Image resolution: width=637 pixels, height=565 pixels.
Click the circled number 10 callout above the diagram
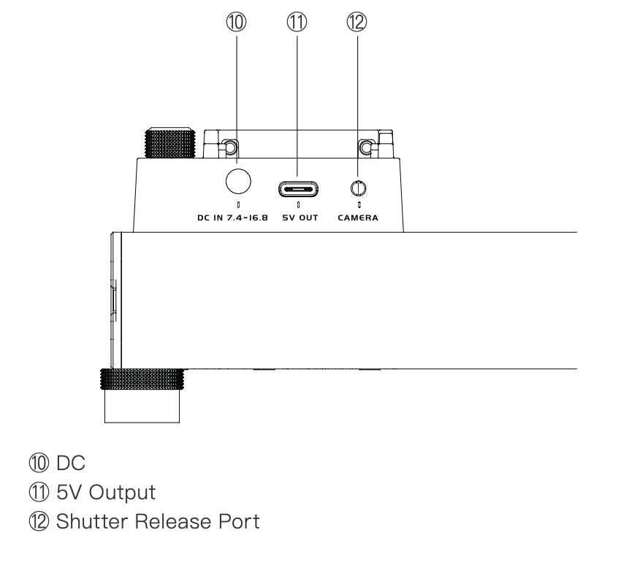pos(236,22)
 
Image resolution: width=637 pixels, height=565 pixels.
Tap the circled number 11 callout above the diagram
pos(297,22)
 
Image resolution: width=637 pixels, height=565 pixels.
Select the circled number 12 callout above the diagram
pos(356,22)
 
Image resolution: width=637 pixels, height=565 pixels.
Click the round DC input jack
pos(238,181)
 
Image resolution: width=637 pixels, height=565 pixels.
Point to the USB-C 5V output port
pos(298,189)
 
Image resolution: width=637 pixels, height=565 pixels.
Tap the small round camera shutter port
pos(358,188)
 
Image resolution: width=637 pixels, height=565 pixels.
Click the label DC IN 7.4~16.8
pos(232,218)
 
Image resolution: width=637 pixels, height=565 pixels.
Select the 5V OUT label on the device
pos(300,218)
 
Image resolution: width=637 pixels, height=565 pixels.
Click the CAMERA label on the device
pos(358,218)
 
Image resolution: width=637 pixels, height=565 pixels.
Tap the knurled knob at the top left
pos(170,143)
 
